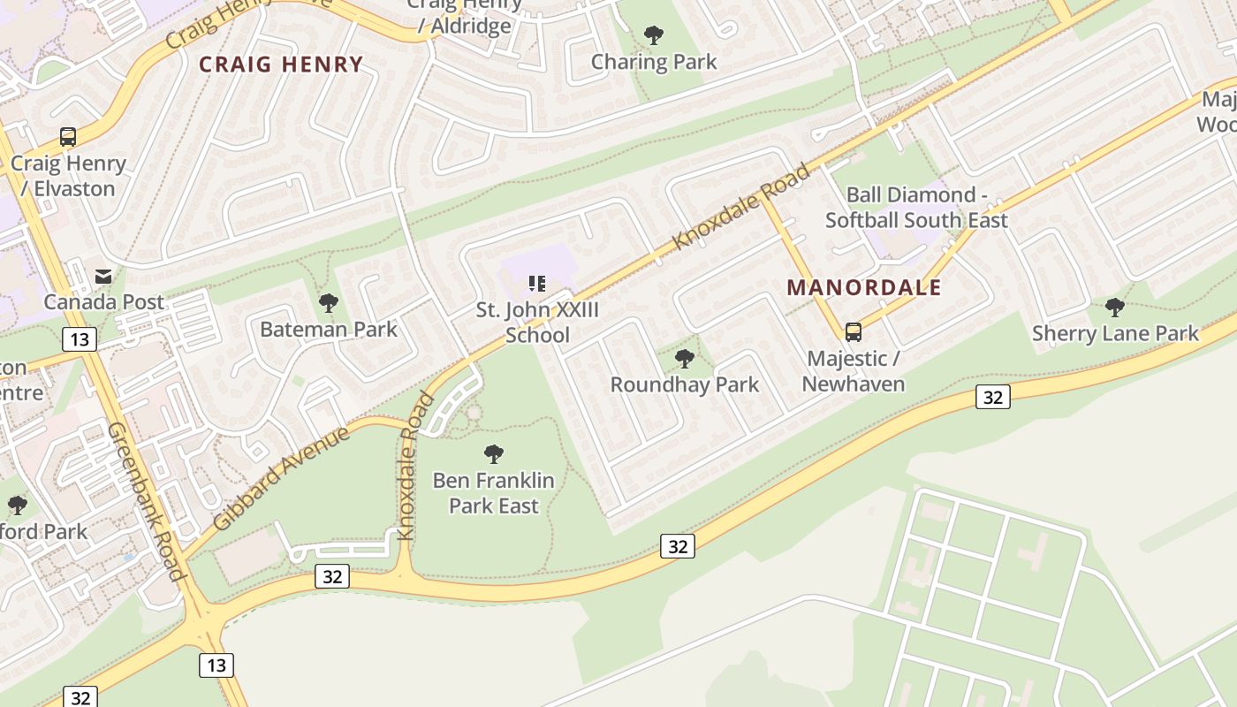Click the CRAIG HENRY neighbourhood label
tap(281, 65)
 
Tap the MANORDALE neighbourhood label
tap(864, 287)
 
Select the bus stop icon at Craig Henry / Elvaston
tap(68, 137)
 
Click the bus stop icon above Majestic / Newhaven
tap(854, 332)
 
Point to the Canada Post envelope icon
tap(103, 277)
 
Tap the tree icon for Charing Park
tap(654, 35)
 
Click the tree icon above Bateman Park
tap(329, 303)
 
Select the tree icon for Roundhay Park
tap(684, 359)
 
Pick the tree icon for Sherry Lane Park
tap(1115, 308)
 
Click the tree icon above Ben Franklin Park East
tap(494, 454)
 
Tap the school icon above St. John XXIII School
tap(537, 284)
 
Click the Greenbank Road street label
tap(147, 501)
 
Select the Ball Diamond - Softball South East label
tap(916, 208)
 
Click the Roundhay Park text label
tap(685, 384)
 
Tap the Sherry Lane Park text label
tap(1115, 333)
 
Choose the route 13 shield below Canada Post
tap(80, 339)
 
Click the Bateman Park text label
tap(329, 330)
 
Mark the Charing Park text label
tap(654, 62)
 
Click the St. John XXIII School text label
tap(537, 323)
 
